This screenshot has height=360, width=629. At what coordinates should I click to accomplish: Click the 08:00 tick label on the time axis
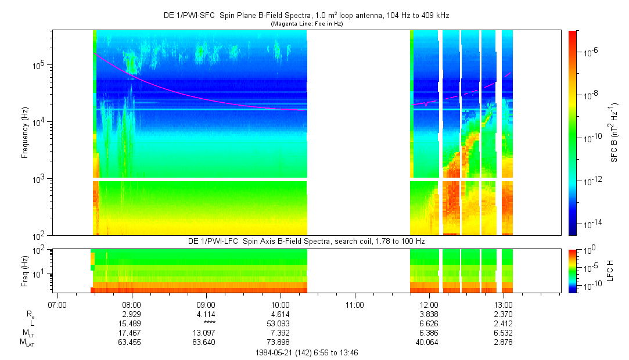132,304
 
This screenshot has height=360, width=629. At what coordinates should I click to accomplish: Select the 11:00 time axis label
355,304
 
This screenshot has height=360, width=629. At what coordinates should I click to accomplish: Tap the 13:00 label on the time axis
504,304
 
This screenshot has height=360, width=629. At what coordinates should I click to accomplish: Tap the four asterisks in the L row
206,323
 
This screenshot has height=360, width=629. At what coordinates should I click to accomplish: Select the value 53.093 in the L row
281,323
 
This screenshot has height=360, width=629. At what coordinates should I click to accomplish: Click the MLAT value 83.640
206,342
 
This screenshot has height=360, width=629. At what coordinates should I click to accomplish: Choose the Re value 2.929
132,314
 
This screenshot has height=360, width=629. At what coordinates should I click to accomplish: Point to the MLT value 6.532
504,333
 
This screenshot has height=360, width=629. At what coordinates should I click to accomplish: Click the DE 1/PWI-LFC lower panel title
307,241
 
